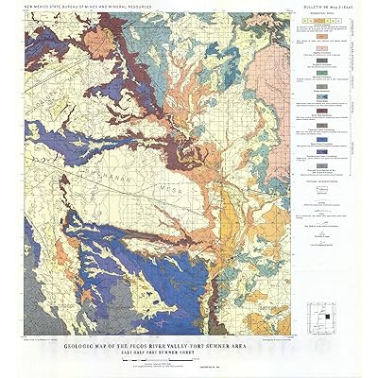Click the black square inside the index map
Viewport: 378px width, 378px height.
point(319,313)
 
